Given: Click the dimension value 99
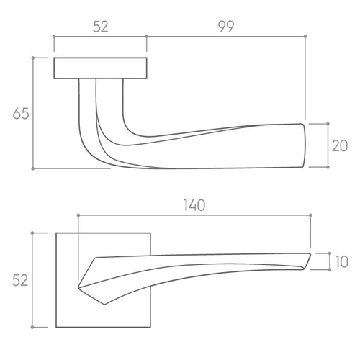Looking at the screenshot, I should (x=225, y=26).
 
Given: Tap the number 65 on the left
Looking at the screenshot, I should (x=21, y=113).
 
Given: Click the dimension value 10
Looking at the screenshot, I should (x=341, y=261).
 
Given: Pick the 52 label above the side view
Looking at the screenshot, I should (x=100, y=26).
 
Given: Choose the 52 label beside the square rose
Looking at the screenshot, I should (x=21, y=279).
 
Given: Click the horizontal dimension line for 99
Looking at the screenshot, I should (x=226, y=36).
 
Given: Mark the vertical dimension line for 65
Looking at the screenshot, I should (x=35, y=113).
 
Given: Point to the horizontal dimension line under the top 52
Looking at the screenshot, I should (x=100, y=36).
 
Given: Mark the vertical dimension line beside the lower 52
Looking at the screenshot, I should (x=35, y=279).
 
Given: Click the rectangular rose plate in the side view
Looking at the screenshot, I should (x=101, y=68).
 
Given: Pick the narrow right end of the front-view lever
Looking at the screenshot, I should (x=308, y=260).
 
